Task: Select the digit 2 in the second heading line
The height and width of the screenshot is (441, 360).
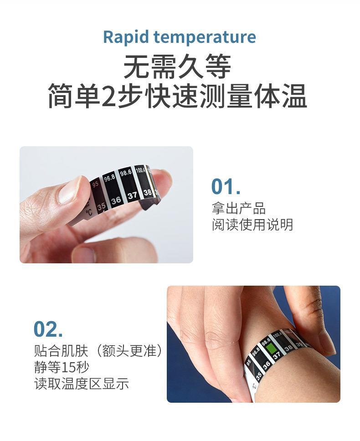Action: pos(109,97)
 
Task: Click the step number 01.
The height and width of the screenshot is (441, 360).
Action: pos(226,187)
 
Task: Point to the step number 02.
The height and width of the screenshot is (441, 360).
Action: pos(48,329)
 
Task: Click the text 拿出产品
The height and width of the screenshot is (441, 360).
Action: pos(239,209)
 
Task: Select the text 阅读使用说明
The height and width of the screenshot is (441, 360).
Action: pos(252,225)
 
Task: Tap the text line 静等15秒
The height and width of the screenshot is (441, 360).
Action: pos(62,367)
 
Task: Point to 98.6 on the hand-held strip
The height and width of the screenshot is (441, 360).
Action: pos(125,173)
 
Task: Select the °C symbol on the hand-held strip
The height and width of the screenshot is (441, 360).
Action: pos(89,212)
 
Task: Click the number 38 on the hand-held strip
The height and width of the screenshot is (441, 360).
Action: pos(148,193)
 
